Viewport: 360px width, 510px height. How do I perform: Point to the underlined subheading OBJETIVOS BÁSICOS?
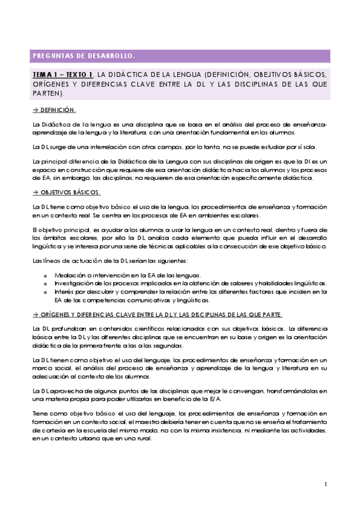[71, 192]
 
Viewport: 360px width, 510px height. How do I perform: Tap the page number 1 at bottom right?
[325, 484]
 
